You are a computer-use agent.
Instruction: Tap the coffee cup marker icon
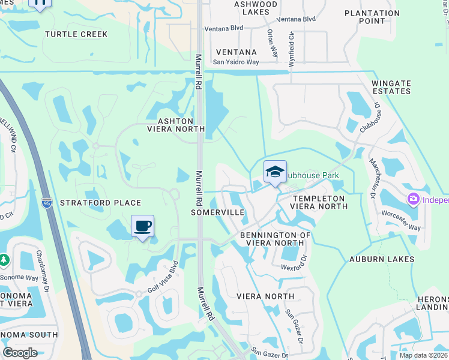143,226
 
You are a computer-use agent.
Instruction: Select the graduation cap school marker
275,172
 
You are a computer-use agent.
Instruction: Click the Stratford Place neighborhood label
101,203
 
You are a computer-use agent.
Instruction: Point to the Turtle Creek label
76,34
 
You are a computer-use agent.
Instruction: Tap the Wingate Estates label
391,87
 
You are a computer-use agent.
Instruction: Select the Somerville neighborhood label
217,212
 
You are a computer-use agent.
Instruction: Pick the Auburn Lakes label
382,259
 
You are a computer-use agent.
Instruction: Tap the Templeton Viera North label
318,202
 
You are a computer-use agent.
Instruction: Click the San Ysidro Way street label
236,62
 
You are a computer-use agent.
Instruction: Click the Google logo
20,353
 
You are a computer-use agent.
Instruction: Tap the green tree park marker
4,260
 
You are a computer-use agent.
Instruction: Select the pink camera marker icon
414,199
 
